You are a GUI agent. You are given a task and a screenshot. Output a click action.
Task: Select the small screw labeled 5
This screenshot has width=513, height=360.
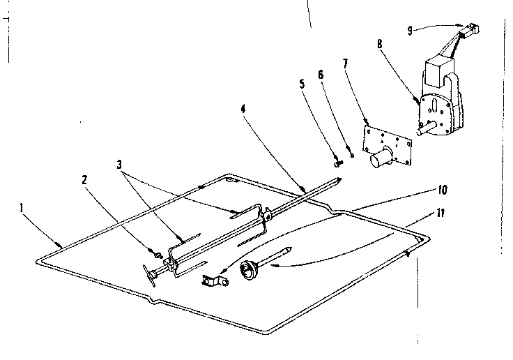[x=339, y=163]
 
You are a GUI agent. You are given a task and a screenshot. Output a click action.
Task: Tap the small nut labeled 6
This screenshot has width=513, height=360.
[x=353, y=155]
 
